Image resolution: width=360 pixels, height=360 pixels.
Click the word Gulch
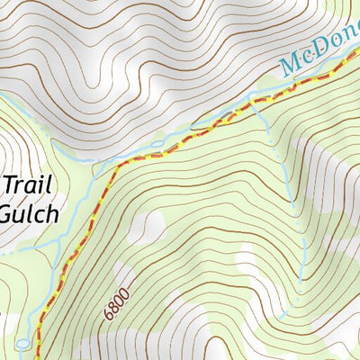(29, 214)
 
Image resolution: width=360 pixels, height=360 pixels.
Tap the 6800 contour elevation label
(117, 302)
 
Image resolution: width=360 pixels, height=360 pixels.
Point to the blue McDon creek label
(319, 56)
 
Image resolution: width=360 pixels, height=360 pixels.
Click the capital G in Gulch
(7, 214)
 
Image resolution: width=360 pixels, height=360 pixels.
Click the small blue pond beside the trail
(22, 344)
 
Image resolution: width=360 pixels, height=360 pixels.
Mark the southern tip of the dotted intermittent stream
(281, 317)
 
